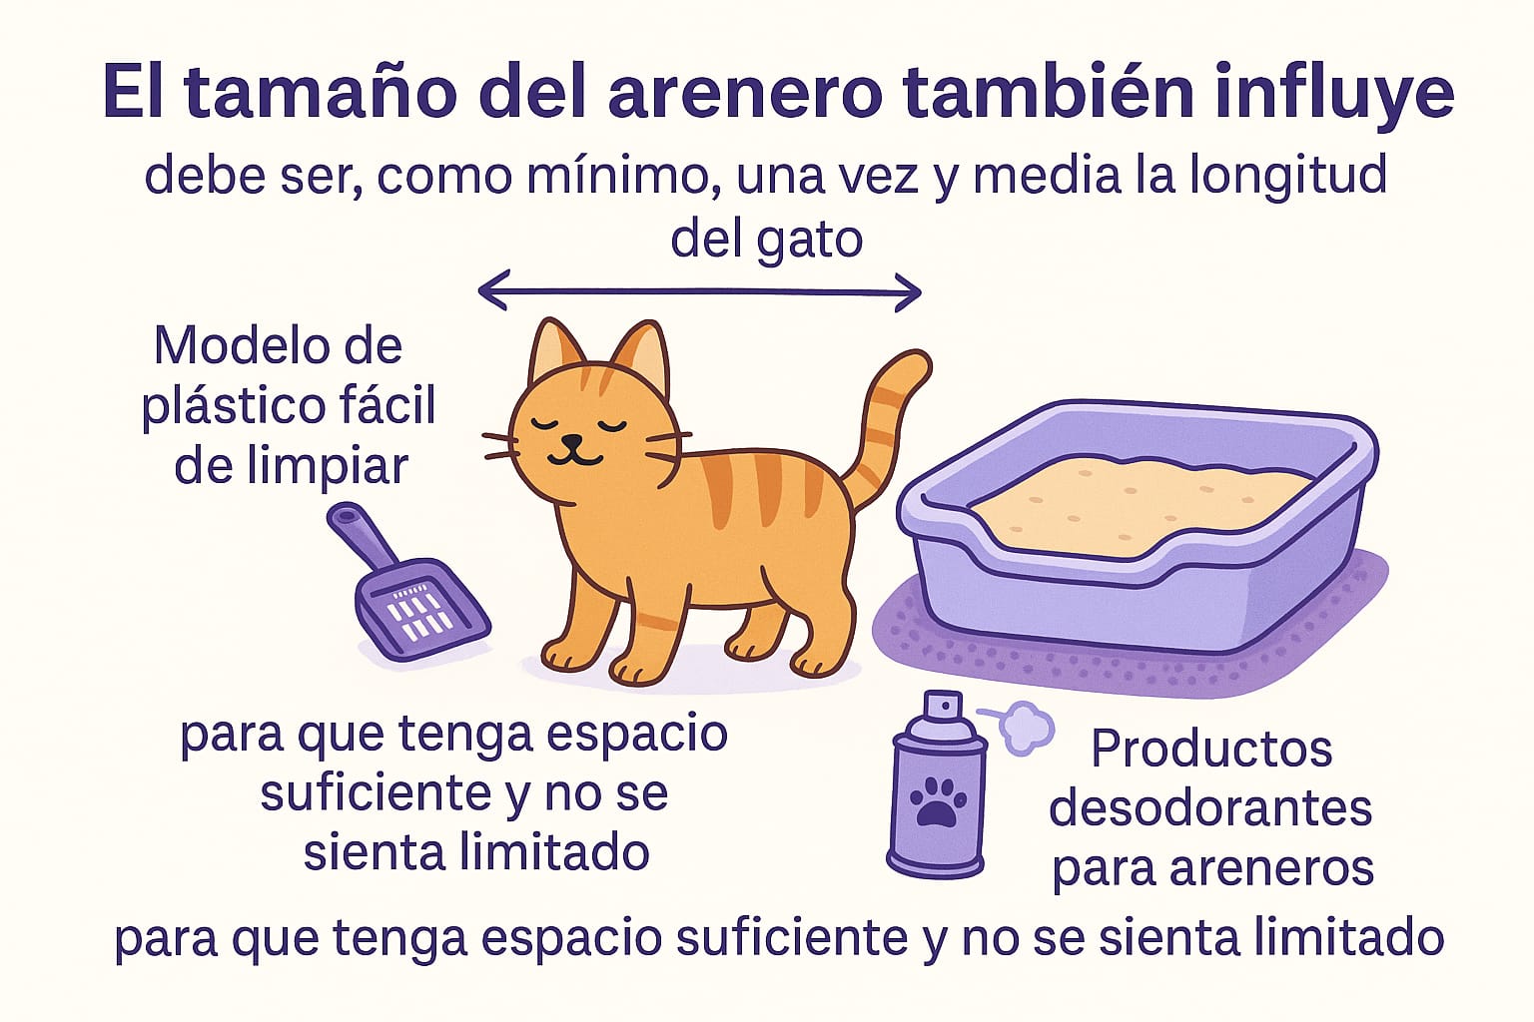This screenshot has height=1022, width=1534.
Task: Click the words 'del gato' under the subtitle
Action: (x=766, y=239)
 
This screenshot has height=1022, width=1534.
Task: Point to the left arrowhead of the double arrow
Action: (x=493, y=290)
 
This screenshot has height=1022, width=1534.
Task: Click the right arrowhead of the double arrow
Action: (x=908, y=292)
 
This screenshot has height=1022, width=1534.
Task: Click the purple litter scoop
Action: (x=406, y=584)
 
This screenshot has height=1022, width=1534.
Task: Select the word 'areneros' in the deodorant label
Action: (x=1271, y=868)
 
